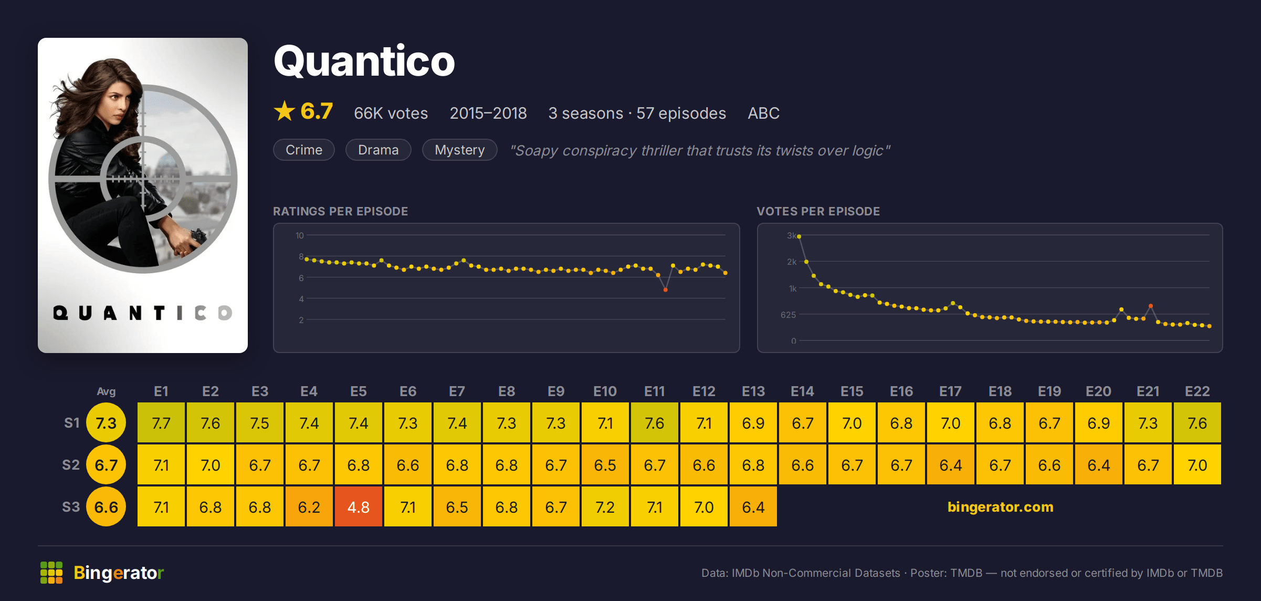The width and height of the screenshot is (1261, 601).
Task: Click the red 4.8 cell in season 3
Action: (359, 506)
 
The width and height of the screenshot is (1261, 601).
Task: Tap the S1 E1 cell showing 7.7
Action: (161, 422)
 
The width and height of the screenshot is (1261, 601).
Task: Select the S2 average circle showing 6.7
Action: (106, 464)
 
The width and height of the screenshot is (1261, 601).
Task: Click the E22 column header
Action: (1197, 391)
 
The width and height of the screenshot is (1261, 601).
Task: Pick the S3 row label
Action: (71, 507)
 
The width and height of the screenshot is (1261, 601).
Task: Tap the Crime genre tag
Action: (304, 150)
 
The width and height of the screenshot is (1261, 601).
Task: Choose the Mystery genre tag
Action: (460, 150)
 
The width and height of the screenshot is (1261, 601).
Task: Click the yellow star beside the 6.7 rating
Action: (285, 111)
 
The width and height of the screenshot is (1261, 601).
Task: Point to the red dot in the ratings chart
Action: (665, 290)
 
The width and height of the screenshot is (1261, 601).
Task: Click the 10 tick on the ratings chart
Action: (299, 235)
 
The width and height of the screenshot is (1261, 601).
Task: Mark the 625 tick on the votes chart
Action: (788, 315)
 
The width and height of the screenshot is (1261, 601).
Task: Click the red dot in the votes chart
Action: (1151, 306)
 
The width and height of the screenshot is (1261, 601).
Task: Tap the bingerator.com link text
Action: (1000, 506)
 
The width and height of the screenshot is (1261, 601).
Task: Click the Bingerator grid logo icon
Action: (51, 573)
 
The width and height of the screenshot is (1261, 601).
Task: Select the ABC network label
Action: (763, 113)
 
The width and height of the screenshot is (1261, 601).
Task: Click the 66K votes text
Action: (391, 113)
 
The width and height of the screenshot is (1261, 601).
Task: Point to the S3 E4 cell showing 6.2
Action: (309, 506)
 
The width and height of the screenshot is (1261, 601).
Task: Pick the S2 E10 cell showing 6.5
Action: (605, 464)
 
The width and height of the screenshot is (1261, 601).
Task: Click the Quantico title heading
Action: (364, 61)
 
